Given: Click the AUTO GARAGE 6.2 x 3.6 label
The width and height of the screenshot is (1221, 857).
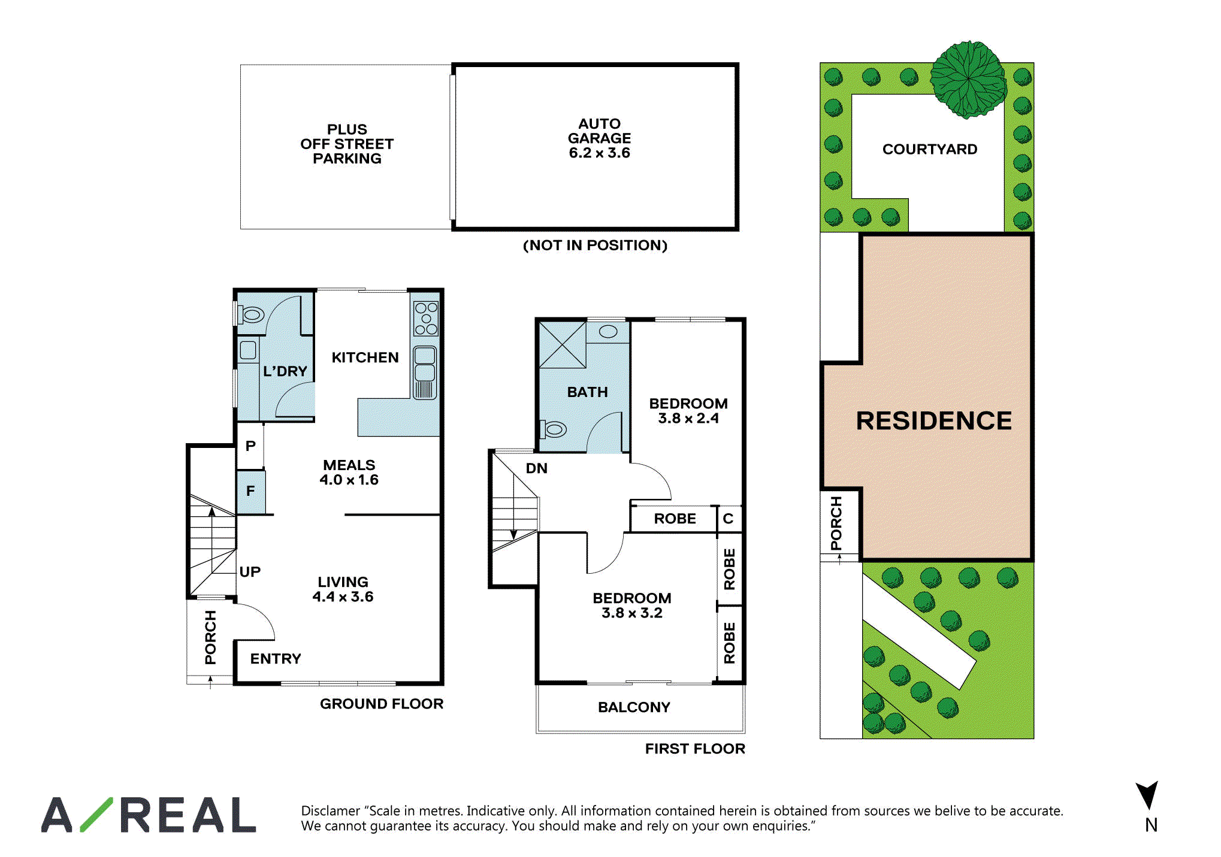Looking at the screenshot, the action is click(x=599, y=138).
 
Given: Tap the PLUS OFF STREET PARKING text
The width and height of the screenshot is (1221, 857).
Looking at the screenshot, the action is click(x=347, y=144).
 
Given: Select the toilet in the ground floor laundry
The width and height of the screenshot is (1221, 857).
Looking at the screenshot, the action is click(x=251, y=314).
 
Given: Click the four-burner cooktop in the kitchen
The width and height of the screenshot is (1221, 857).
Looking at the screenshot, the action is click(x=426, y=318).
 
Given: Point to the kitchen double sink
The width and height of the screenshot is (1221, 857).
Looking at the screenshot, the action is click(x=425, y=373).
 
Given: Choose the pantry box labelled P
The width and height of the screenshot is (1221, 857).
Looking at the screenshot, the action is click(x=250, y=446).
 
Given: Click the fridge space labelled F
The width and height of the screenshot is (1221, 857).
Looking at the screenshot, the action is click(x=250, y=492).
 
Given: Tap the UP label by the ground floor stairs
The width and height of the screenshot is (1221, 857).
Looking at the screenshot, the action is click(x=250, y=572).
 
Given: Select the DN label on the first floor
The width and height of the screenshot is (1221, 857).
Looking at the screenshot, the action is click(x=536, y=468).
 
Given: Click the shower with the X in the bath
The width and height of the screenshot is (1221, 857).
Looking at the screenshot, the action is click(x=562, y=345).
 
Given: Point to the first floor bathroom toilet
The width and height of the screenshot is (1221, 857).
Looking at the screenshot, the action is click(x=553, y=429).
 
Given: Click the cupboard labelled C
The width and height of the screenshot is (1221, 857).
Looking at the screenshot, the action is click(x=729, y=519).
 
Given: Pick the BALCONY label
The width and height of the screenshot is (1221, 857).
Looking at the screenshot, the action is click(x=634, y=707).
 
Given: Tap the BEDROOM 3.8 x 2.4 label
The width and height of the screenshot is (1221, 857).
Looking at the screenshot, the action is click(x=688, y=411).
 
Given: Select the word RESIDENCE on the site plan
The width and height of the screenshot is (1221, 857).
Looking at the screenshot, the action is click(x=933, y=420).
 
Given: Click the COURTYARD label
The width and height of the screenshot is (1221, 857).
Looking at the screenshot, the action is click(x=930, y=149).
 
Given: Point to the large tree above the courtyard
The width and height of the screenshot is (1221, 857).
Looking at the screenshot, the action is click(x=968, y=79).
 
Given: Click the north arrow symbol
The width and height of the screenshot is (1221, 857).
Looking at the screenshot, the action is click(x=1147, y=796).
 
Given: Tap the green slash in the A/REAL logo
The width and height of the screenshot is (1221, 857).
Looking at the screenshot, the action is click(x=96, y=814).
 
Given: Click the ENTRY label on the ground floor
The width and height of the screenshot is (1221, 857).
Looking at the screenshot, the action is click(x=276, y=659).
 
